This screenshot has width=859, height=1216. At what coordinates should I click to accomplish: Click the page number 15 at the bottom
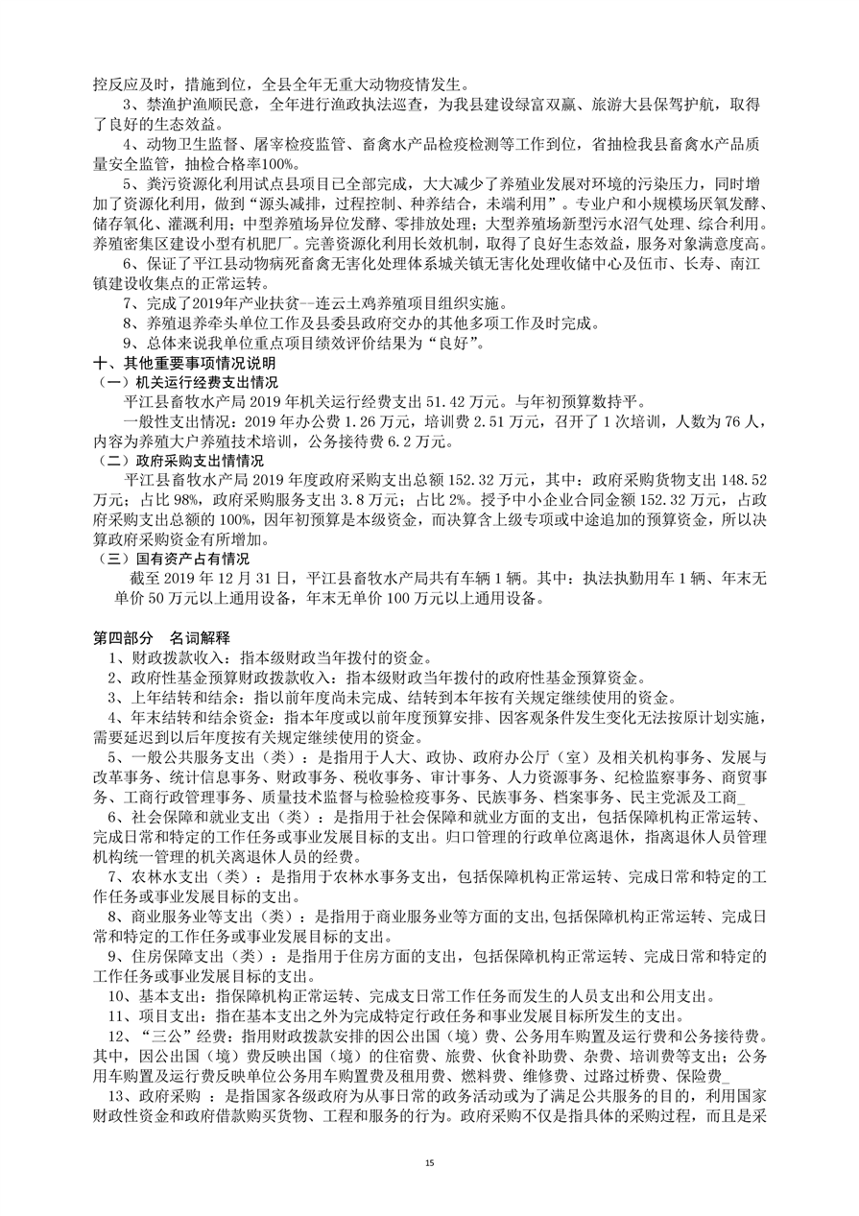(429, 1163)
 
